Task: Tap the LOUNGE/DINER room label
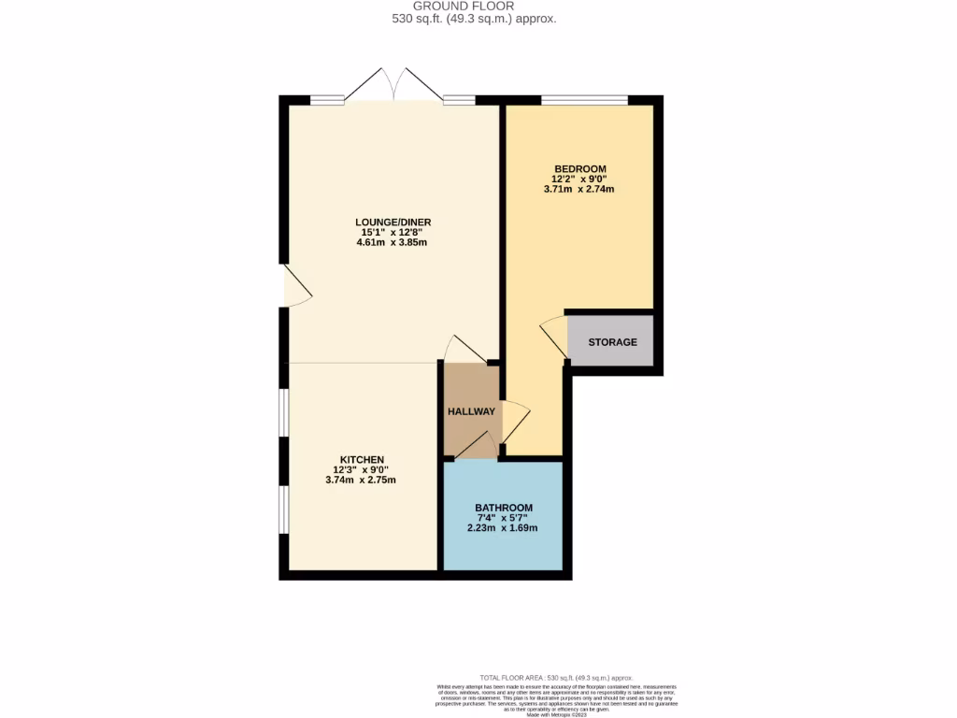pyautogui.click(x=393, y=222)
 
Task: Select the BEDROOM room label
pyautogui.click(x=579, y=168)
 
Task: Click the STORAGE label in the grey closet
pyautogui.click(x=612, y=342)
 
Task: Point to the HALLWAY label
pyautogui.click(x=471, y=411)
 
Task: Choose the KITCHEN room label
pyautogui.click(x=362, y=459)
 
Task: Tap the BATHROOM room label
pyautogui.click(x=503, y=508)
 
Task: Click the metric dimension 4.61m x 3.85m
pyautogui.click(x=393, y=242)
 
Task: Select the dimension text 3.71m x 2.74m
pyautogui.click(x=579, y=189)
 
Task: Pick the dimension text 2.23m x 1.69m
pyautogui.click(x=503, y=528)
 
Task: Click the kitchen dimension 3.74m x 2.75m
pyautogui.click(x=362, y=481)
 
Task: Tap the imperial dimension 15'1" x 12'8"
pyautogui.click(x=393, y=232)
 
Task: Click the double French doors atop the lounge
pyautogui.click(x=393, y=84)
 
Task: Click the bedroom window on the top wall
pyautogui.click(x=584, y=99)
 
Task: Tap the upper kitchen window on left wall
pyautogui.click(x=284, y=412)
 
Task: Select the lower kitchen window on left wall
pyautogui.click(x=284, y=510)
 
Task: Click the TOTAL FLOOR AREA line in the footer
pyautogui.click(x=556, y=677)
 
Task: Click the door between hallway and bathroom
pyautogui.click(x=480, y=445)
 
